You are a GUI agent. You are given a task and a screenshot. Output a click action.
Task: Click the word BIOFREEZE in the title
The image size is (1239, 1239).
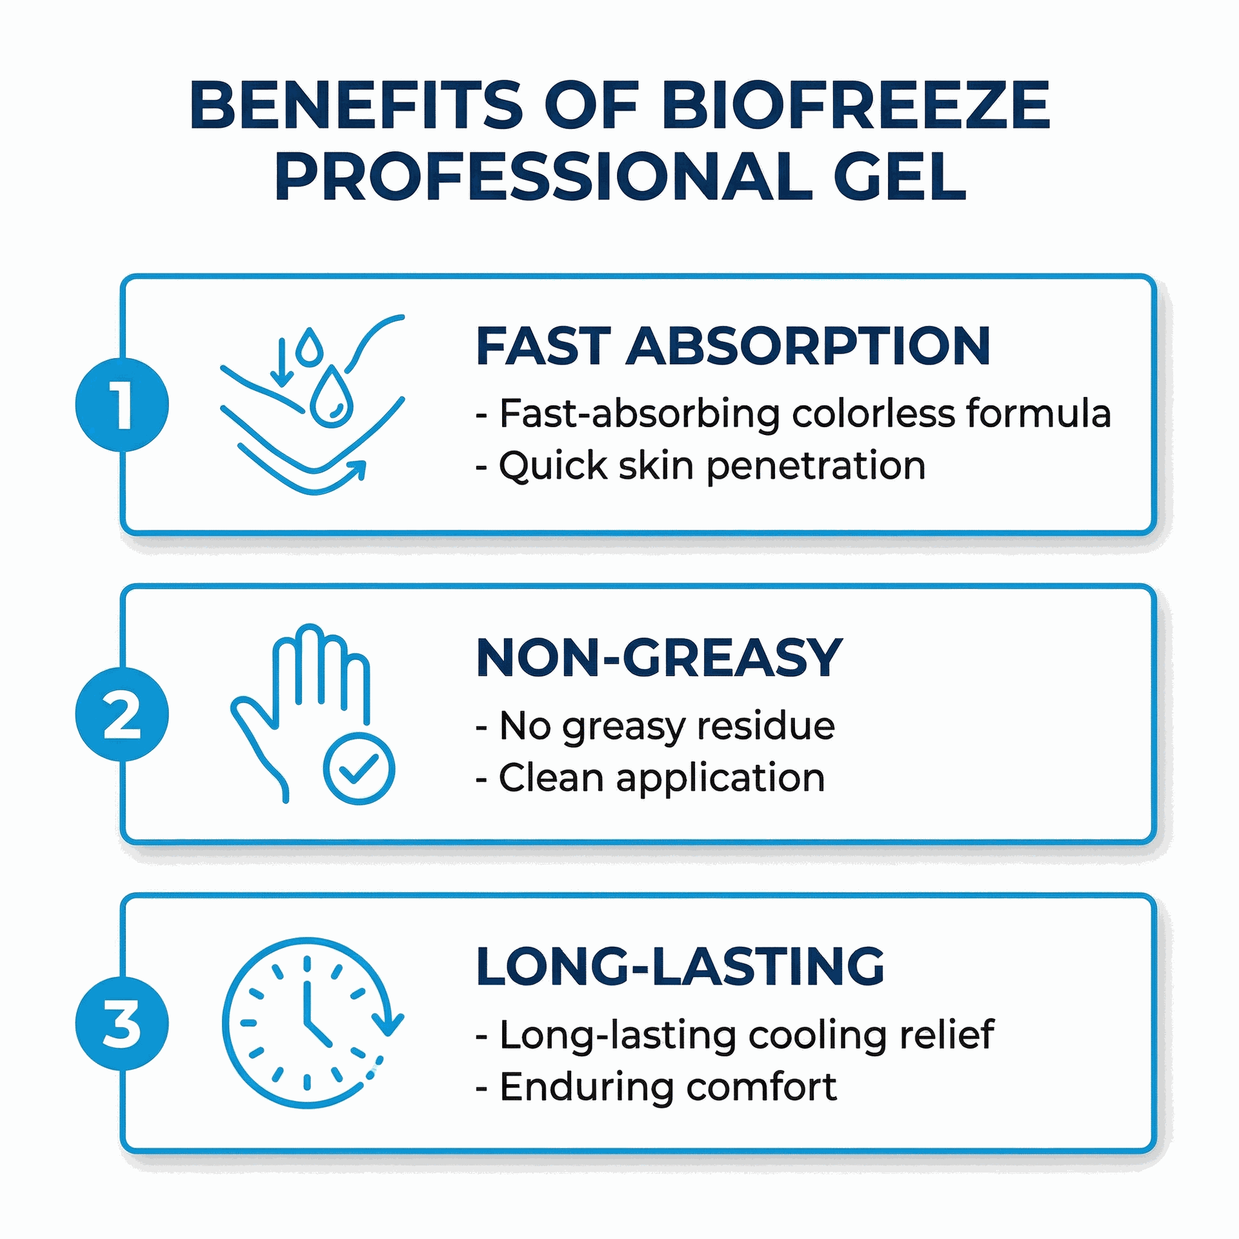click(856, 105)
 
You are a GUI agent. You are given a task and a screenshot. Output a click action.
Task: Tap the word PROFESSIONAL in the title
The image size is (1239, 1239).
click(541, 176)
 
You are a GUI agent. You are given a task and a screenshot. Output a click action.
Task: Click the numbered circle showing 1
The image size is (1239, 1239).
click(122, 405)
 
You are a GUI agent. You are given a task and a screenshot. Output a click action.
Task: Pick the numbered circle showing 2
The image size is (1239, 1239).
click(122, 714)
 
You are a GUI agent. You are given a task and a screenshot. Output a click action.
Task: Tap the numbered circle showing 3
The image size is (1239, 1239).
click(122, 1024)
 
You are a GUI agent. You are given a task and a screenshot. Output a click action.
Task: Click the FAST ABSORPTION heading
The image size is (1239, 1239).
click(732, 347)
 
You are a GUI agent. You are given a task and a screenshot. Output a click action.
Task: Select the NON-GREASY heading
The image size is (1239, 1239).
click(659, 658)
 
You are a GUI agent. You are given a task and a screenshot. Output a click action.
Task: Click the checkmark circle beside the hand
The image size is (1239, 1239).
click(359, 768)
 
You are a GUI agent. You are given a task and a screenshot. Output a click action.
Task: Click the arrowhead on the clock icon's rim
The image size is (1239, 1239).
click(388, 1024)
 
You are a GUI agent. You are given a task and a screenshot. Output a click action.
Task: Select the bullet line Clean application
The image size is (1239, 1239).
click(650, 778)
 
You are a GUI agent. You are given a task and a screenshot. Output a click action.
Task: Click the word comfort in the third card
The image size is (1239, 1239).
click(761, 1087)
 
